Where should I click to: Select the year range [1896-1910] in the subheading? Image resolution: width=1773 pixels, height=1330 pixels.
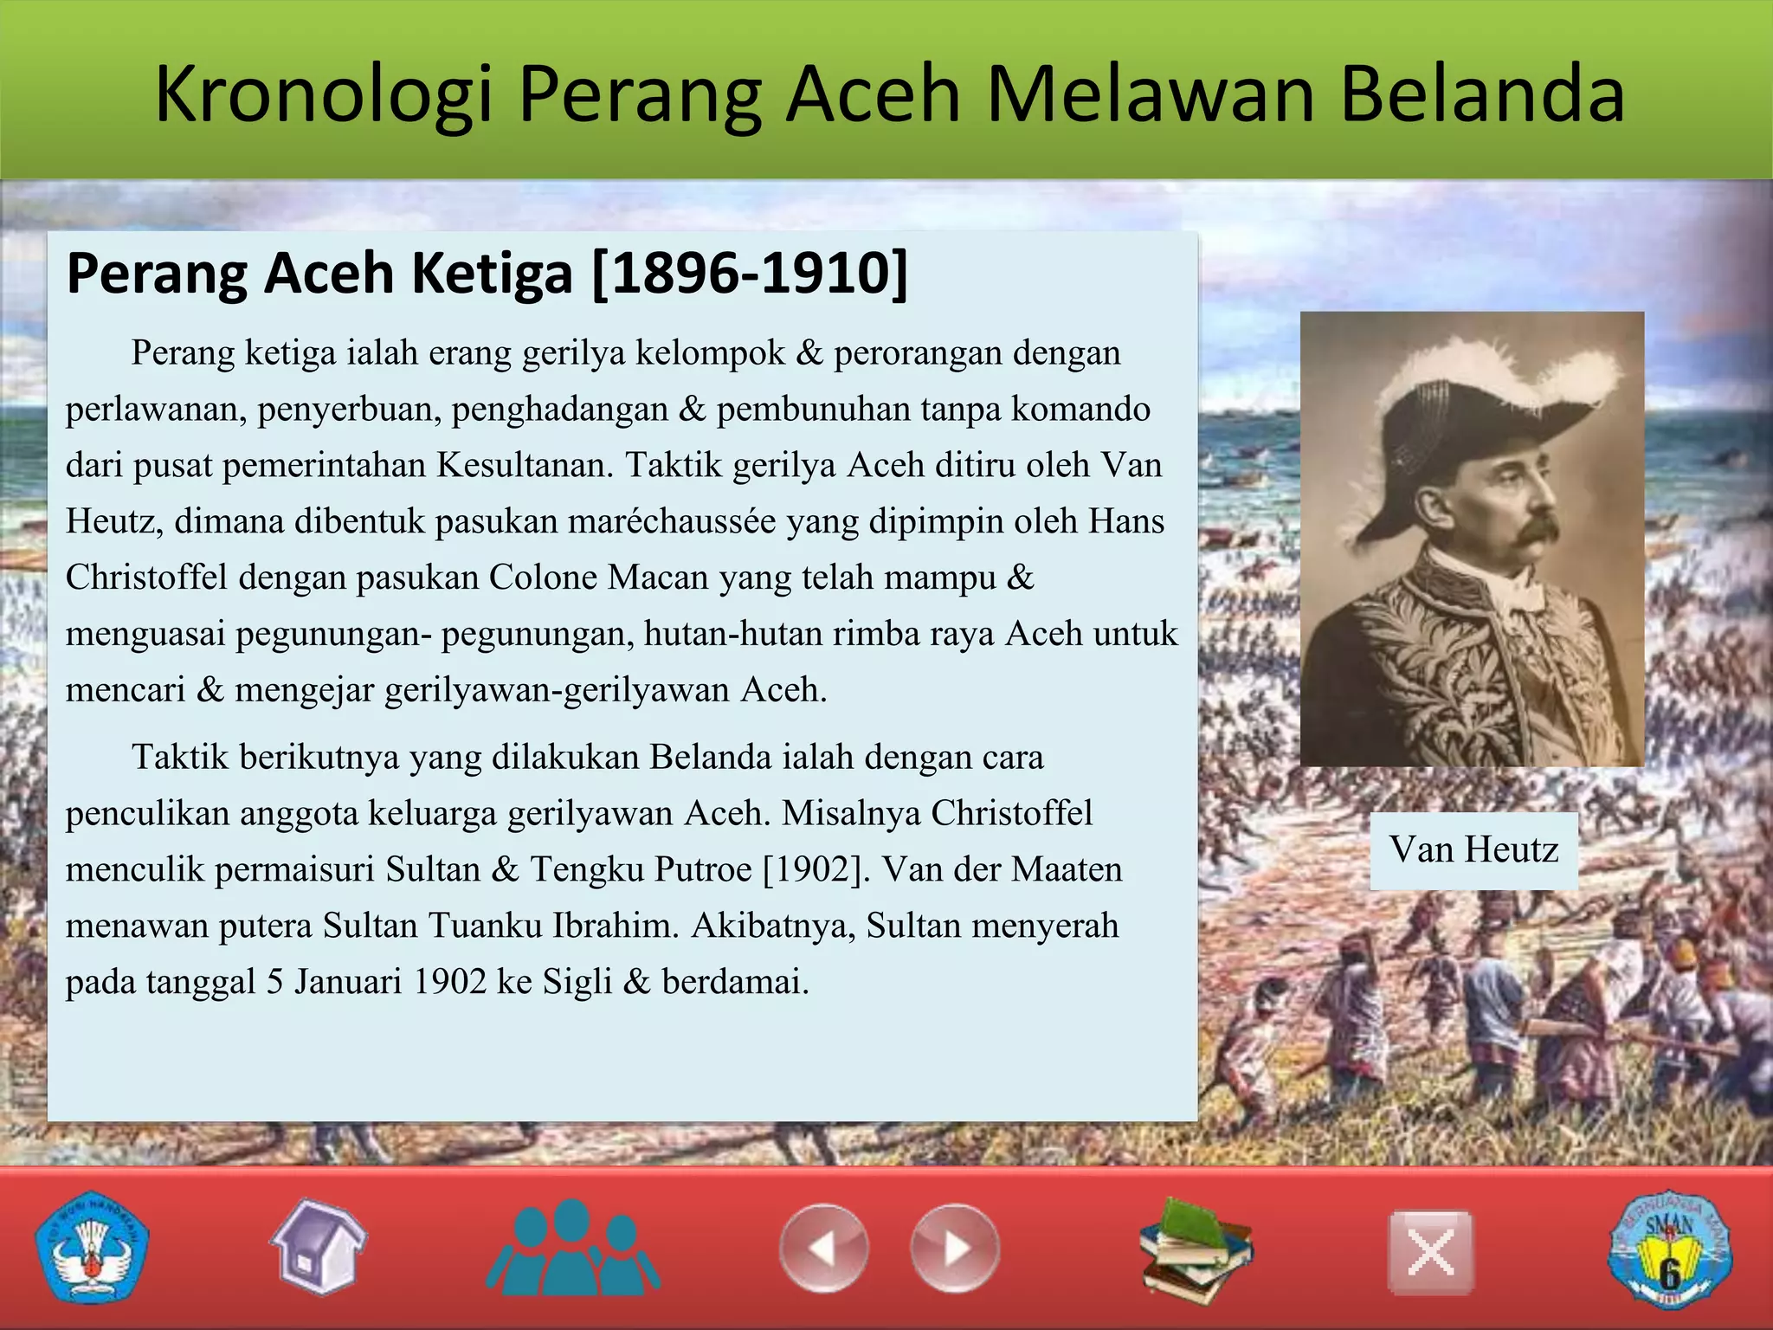coord(750,274)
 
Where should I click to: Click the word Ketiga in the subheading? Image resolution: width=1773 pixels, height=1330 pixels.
coord(491,274)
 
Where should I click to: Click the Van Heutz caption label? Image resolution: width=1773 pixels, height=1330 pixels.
coord(1473,850)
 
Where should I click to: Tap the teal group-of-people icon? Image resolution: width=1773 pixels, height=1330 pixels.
coord(571,1247)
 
